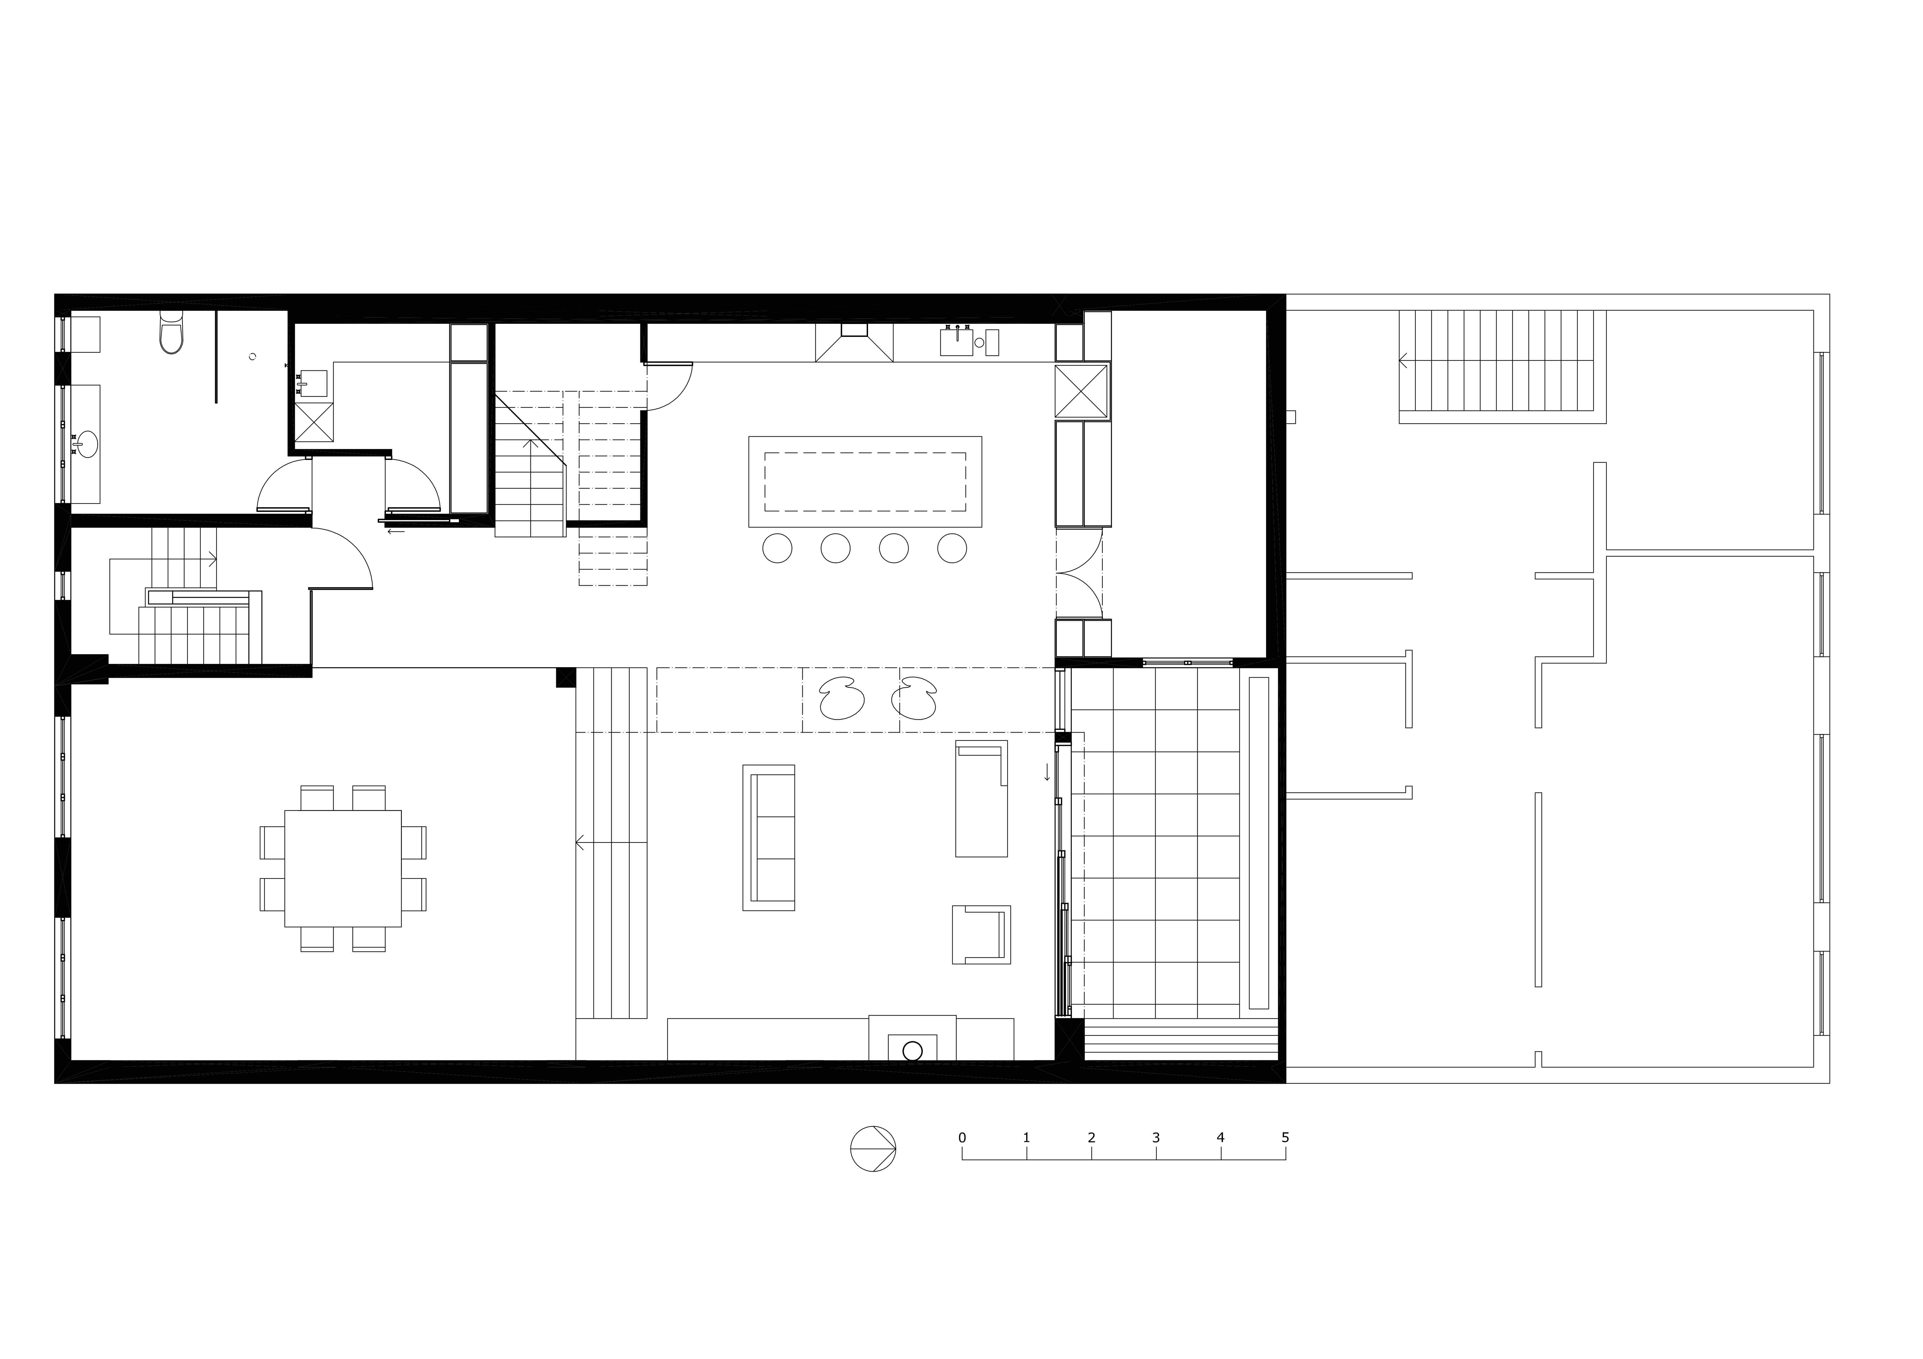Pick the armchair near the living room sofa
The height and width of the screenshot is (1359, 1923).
click(982, 934)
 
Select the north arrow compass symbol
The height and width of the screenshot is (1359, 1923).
click(873, 1149)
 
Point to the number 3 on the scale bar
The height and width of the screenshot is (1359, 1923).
click(1156, 1138)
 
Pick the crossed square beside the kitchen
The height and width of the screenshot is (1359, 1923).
click(1081, 391)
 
